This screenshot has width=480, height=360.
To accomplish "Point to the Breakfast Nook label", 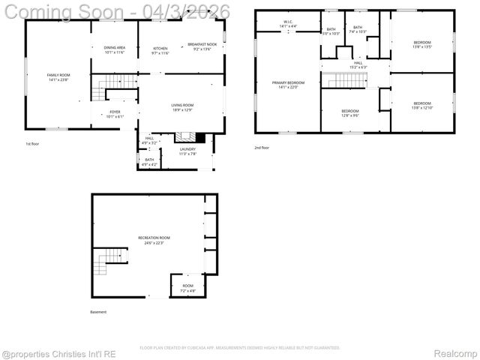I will tap(202, 46).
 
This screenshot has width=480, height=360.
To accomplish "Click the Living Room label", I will tap(182, 107).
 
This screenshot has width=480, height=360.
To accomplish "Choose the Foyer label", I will tap(115, 114).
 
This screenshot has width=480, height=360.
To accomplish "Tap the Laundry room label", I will tap(187, 151).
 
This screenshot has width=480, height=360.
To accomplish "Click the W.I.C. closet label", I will tap(289, 24).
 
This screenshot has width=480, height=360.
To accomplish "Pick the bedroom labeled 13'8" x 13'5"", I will tap(421, 44).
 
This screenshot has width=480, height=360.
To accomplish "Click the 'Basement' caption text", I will tap(98, 312).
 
